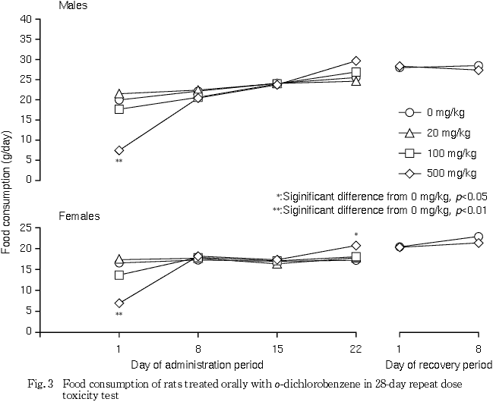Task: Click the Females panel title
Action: click(x=79, y=216)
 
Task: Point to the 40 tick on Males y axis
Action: click(x=26, y=18)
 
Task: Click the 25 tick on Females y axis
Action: click(x=26, y=228)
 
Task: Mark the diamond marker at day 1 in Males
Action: click(x=119, y=150)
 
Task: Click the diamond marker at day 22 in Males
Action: click(x=356, y=61)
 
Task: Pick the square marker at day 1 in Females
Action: click(x=119, y=275)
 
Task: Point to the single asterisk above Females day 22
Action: click(x=356, y=234)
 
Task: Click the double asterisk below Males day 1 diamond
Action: click(x=119, y=162)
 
